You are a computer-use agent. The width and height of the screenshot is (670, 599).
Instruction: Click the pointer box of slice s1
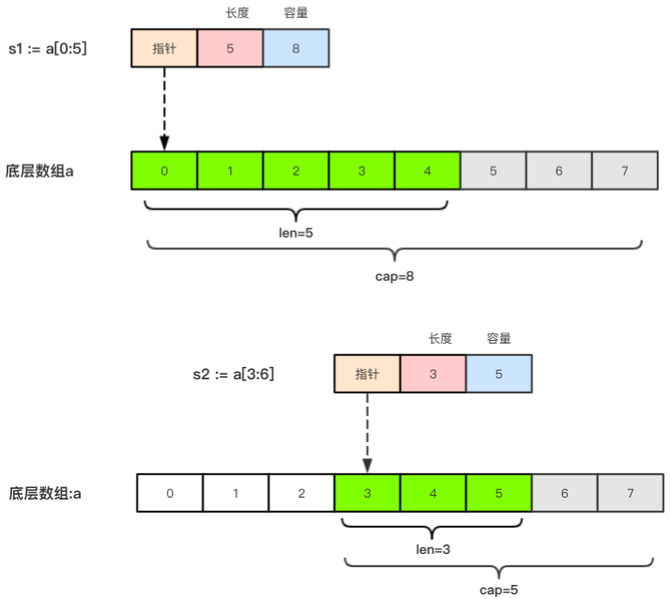(164, 49)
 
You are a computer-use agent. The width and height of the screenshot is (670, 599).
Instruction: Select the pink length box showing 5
(230, 49)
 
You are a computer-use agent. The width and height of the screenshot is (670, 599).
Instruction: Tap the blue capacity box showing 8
(296, 49)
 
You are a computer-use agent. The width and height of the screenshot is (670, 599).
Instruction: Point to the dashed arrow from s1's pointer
(164, 108)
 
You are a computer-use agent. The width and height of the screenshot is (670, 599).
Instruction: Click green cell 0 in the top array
(164, 172)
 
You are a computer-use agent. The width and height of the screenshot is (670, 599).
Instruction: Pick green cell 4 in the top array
(427, 172)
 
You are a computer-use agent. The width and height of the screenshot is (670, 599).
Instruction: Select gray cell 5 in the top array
(493, 172)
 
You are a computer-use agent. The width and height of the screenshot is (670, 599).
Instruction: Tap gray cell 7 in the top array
(625, 172)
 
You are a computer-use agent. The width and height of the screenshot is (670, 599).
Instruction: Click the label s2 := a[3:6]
(233, 374)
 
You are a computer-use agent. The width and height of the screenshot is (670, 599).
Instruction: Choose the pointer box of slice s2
(367, 374)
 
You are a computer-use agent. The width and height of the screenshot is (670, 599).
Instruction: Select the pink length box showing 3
(433, 374)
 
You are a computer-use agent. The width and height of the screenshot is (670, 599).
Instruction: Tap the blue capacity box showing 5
(498, 374)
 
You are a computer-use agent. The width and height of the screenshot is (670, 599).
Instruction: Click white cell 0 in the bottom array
(170, 493)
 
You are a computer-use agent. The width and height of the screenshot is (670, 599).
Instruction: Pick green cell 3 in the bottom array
(367, 493)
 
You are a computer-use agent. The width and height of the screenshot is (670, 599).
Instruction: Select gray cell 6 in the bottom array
(564, 493)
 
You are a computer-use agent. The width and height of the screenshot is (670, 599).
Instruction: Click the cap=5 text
(498, 590)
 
